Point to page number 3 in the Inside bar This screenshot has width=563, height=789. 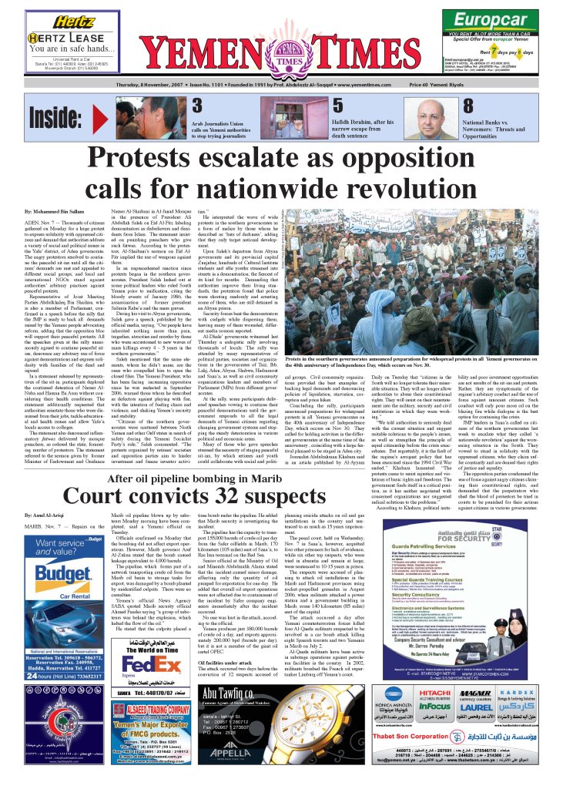[x=197, y=106]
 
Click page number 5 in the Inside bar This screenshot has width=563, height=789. [x=336, y=106]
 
